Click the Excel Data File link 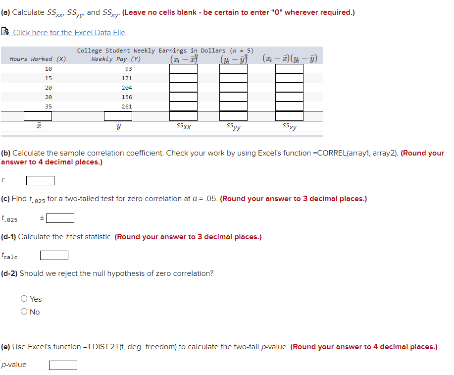[69, 33]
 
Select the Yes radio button [24, 299]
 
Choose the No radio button [24, 312]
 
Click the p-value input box [63, 365]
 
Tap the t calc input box [54, 256]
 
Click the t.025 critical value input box [60, 218]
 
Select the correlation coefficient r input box [40, 180]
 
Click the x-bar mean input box [38, 116]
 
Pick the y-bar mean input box [118, 116]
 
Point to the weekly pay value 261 [127, 107]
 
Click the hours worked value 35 [48, 107]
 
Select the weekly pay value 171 [127, 78]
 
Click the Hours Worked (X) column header [38, 59]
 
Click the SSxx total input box [184, 116]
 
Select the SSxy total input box [289, 116]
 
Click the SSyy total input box [234, 116]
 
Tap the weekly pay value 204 [127, 88]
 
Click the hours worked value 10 [48, 69]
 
